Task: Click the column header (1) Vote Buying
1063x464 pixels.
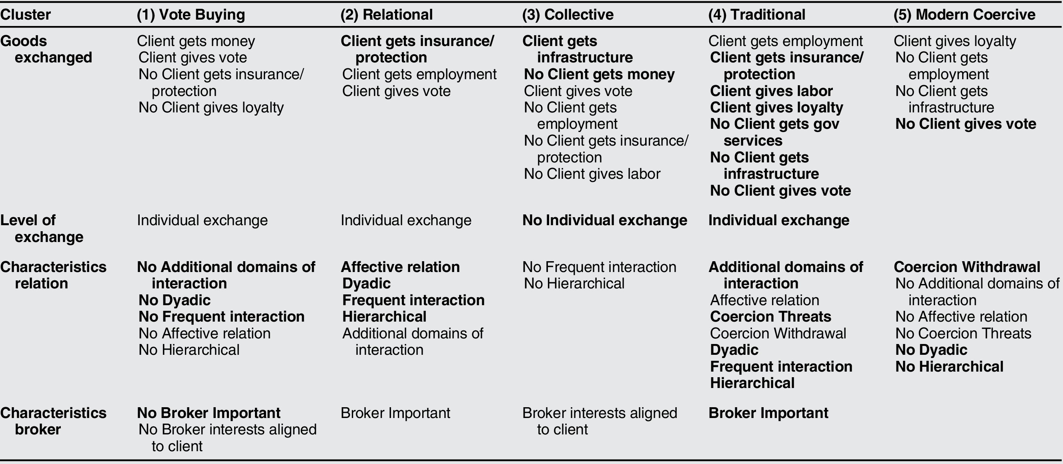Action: point(191,15)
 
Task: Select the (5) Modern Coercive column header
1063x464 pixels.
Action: point(965,15)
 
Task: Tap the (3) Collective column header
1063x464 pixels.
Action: point(568,15)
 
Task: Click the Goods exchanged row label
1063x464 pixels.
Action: point(46,49)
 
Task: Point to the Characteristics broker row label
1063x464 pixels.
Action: point(53,421)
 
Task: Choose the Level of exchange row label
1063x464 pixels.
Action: point(41,228)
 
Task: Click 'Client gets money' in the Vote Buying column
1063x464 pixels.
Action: point(196,41)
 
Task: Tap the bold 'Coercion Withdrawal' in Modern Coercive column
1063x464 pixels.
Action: point(967,267)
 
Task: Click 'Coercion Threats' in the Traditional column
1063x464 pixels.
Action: point(770,317)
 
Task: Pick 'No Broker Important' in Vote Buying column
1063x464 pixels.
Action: point(209,413)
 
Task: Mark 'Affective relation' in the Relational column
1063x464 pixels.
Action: point(400,267)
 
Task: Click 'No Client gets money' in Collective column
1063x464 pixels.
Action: point(599,74)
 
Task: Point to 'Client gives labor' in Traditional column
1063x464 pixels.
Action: point(771,91)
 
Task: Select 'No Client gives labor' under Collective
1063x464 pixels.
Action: point(592,174)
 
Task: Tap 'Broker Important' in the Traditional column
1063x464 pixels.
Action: point(768,413)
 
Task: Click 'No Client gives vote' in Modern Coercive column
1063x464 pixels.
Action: point(966,124)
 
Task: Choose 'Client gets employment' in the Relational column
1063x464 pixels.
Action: point(419,74)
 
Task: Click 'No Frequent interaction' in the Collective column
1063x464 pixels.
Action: point(599,267)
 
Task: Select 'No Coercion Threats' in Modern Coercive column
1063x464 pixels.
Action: point(963,333)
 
